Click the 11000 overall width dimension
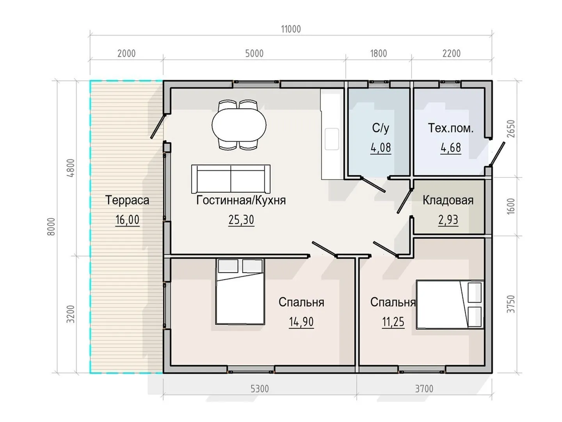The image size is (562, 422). coord(291,29)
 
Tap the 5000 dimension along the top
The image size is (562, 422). coord(254,54)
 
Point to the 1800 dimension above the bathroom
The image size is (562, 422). coord(379,54)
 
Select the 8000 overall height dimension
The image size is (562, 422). coord(51,227)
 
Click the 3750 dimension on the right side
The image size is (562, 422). coord(511,304)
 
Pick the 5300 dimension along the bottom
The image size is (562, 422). coord(260,389)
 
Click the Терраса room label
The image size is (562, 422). coord(127,200)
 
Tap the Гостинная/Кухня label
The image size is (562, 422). coord(241,200)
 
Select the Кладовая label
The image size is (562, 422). coord(448,200)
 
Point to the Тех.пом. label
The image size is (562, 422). coord(451,128)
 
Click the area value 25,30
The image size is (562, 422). coord(241,220)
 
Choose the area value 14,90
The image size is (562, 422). coord(301,322)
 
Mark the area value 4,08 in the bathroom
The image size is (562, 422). coord(381,148)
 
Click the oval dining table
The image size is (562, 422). coord(239,125)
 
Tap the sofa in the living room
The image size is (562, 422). coord(231,179)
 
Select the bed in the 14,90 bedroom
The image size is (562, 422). coord(240,291)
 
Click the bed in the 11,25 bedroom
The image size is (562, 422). coord(450,304)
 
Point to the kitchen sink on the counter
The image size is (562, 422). coord(332,139)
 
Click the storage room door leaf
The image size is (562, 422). coord(404,201)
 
